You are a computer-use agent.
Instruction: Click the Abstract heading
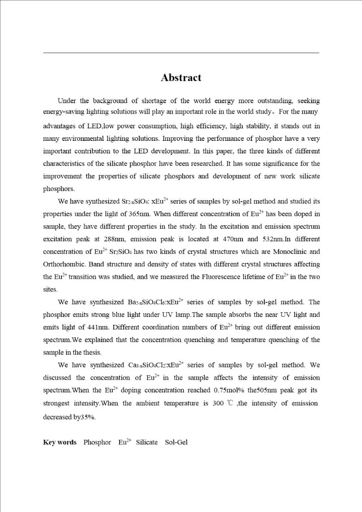tap(181, 77)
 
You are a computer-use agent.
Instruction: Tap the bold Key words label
tap(60, 442)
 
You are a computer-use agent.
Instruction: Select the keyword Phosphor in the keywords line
tap(97, 442)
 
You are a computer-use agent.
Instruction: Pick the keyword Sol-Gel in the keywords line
tap(176, 442)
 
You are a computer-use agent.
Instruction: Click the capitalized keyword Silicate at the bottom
tap(146, 442)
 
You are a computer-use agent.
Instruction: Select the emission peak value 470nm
tap(233, 239)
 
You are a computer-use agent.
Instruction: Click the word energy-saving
tap(65, 113)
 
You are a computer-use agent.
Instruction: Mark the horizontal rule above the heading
tap(181, 52)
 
